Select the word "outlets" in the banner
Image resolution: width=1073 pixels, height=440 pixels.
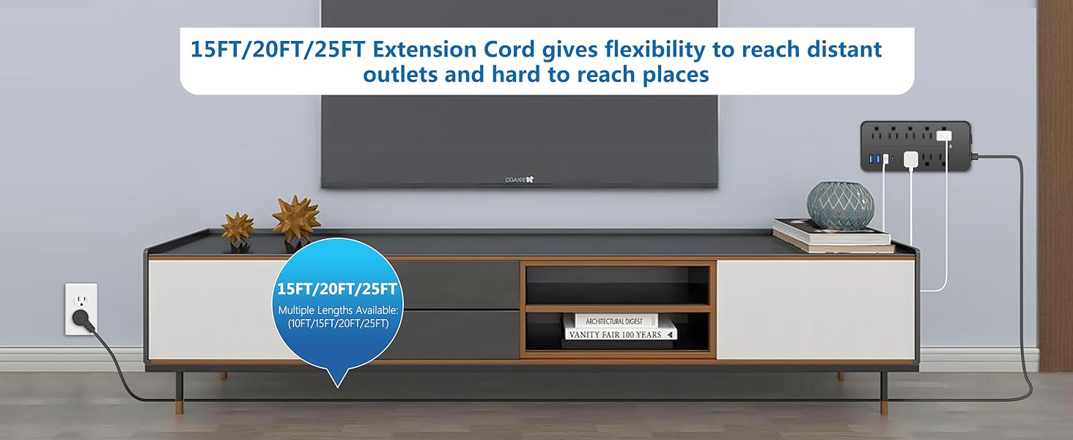[x=400, y=74]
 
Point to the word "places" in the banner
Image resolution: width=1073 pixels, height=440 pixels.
[x=676, y=76]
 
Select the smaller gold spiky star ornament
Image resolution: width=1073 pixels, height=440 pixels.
[x=237, y=229]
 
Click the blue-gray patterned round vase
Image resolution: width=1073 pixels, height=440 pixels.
[x=840, y=205]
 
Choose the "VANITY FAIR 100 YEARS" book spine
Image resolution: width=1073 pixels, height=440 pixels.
[x=620, y=334]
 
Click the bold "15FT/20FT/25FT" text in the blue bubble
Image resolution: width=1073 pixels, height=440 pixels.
[x=337, y=289]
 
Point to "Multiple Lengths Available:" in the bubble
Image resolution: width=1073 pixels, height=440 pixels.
[x=338, y=311]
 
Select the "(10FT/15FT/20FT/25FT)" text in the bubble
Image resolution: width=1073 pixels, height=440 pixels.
[x=338, y=323]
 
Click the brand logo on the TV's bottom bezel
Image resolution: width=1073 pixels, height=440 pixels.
[x=519, y=180]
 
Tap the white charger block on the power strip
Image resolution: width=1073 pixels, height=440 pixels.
[x=910, y=160]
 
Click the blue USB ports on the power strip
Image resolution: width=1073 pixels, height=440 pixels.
[x=874, y=158]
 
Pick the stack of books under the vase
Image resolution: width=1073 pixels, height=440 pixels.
[x=833, y=235]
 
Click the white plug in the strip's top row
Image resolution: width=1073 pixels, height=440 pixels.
[x=944, y=136]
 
